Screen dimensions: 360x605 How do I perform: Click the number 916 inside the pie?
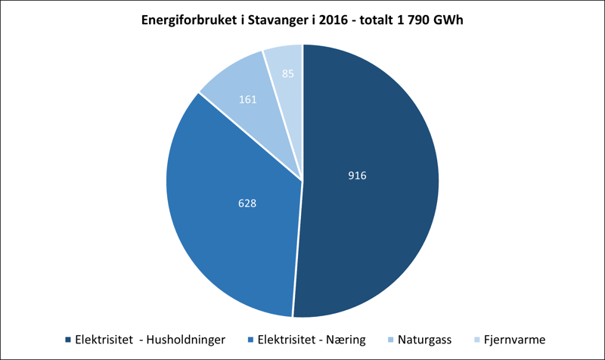pos(357,175)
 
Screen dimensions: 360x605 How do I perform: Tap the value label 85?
pos(287,74)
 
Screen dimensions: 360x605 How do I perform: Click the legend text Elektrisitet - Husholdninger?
pos(150,340)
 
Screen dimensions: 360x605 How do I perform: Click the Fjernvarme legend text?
pos(514,340)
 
